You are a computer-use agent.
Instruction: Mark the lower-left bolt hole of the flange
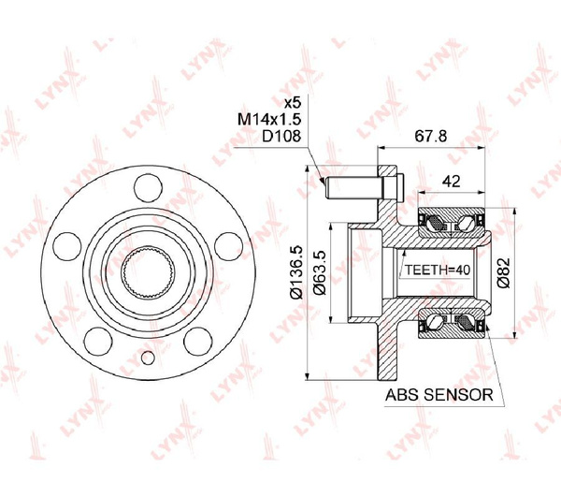[x=98, y=336]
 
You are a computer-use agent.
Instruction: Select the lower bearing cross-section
[x=451, y=324]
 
